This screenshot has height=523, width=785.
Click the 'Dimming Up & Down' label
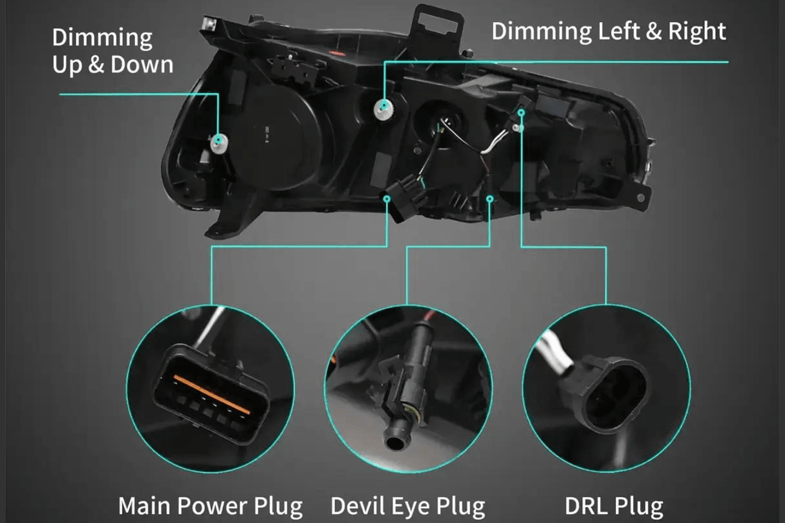pyautogui.click(x=113, y=51)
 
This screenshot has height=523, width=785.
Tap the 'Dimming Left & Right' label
pyautogui.click(x=608, y=31)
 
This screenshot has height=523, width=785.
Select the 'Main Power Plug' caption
pyautogui.click(x=211, y=505)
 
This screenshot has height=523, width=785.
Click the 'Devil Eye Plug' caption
pyautogui.click(x=407, y=505)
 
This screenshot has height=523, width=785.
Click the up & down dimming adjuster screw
pyautogui.click(x=219, y=140)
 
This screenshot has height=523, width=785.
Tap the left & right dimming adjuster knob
pyautogui.click(x=385, y=105)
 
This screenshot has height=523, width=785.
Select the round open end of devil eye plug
pyautogui.click(x=395, y=442)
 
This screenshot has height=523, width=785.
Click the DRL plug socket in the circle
pyautogui.click(x=617, y=392)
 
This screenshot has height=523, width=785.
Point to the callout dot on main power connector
pyautogui.click(x=387, y=199)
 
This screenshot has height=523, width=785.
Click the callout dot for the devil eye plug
pyautogui.click(x=489, y=198)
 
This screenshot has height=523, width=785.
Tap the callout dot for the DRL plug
pyautogui.click(x=521, y=112)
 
